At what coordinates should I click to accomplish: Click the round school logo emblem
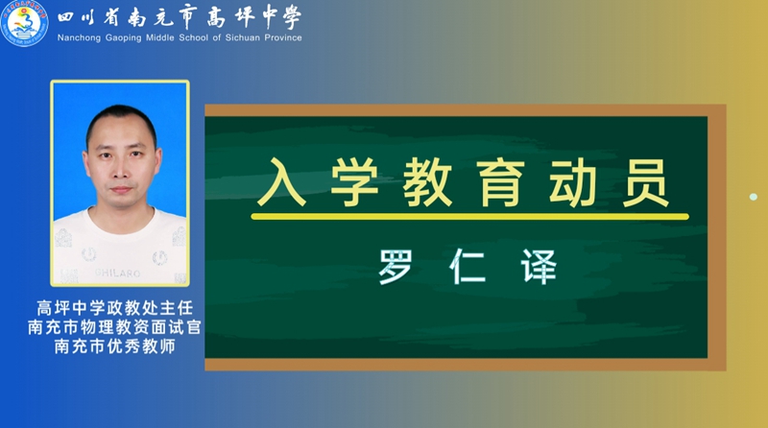[x=24, y=23]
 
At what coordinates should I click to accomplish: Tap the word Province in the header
[x=283, y=37]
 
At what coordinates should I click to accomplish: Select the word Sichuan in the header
[x=243, y=37]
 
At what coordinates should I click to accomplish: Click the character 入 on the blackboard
[x=281, y=182]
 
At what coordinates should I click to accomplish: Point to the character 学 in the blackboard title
[x=354, y=182]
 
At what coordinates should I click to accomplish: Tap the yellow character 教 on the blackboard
[x=427, y=182]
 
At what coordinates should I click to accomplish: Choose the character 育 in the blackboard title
[x=500, y=182]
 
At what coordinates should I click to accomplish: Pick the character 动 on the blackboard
[x=572, y=182]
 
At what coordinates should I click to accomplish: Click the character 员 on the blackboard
[x=645, y=182]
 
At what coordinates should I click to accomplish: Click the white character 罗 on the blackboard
[x=396, y=267]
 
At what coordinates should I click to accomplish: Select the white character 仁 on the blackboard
[x=468, y=267]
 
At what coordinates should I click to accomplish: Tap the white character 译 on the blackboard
[x=540, y=267]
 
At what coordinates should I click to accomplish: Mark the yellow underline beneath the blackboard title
[x=469, y=217]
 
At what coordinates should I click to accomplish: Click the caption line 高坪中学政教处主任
[x=115, y=308]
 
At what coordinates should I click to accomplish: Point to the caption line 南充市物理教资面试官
[x=114, y=327]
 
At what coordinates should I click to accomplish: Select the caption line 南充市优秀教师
[x=114, y=346]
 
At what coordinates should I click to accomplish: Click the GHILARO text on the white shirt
[x=117, y=273]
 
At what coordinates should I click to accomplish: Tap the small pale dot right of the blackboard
[x=754, y=197]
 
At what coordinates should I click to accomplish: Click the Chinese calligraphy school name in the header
[x=180, y=17]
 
